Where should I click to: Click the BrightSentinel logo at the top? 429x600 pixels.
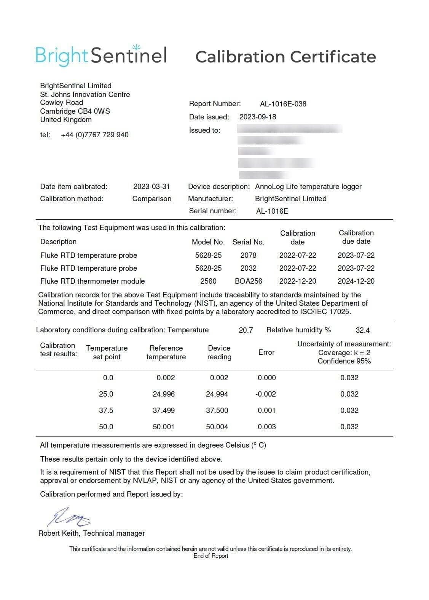(x=101, y=56)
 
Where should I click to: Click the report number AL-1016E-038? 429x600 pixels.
(x=283, y=104)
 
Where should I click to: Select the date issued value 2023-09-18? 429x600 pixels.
(x=257, y=117)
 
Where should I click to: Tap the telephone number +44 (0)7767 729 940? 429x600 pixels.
(x=94, y=135)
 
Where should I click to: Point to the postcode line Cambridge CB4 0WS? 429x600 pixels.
(x=75, y=111)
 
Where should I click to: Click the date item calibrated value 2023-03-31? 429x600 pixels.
(x=151, y=186)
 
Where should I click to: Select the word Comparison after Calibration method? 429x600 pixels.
(x=152, y=198)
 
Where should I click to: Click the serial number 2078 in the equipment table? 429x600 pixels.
(x=248, y=255)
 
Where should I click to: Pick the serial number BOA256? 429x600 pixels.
(x=248, y=281)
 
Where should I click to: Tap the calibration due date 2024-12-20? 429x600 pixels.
(x=356, y=281)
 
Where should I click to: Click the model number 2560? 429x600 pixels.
(x=208, y=281)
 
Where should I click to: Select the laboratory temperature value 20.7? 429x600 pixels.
(x=246, y=330)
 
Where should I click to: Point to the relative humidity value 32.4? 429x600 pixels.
(x=362, y=330)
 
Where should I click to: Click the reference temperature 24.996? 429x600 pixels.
(x=164, y=394)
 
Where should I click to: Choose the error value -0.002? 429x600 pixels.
(x=265, y=394)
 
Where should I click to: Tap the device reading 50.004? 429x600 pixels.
(x=217, y=427)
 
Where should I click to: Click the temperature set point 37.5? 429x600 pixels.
(x=106, y=410)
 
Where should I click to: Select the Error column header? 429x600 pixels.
(x=266, y=352)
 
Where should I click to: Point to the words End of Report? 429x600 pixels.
(x=211, y=556)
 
